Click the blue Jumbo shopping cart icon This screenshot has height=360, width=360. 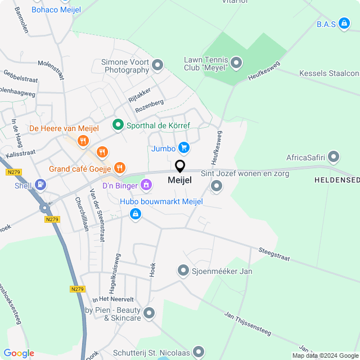[183, 148]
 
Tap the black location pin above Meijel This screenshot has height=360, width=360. [180, 166]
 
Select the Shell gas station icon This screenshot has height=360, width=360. [40, 184]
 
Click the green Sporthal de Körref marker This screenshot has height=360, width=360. [118, 125]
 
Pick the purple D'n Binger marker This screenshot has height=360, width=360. [146, 184]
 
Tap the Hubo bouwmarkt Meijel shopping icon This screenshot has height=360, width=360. [135, 213]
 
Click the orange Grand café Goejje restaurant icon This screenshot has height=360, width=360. [119, 168]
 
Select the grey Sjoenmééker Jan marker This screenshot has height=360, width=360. [183, 271]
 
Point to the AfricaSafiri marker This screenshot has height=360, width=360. [334, 157]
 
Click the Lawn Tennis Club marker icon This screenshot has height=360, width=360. [236, 63]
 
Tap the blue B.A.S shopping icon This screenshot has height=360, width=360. [345, 24]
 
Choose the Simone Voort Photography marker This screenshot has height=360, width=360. [157, 65]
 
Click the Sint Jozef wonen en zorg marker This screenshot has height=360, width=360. [217, 185]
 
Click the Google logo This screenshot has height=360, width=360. [19, 353]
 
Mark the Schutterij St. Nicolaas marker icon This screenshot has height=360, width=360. [198, 352]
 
